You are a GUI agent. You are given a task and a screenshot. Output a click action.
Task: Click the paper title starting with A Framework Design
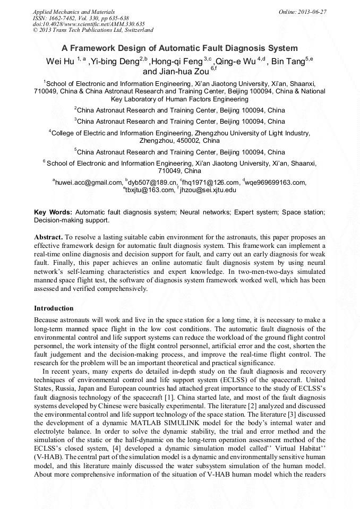click(179, 48)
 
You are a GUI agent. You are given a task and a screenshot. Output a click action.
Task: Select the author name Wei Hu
click(59, 62)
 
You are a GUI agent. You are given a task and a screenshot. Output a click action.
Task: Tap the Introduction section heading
click(54, 308)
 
